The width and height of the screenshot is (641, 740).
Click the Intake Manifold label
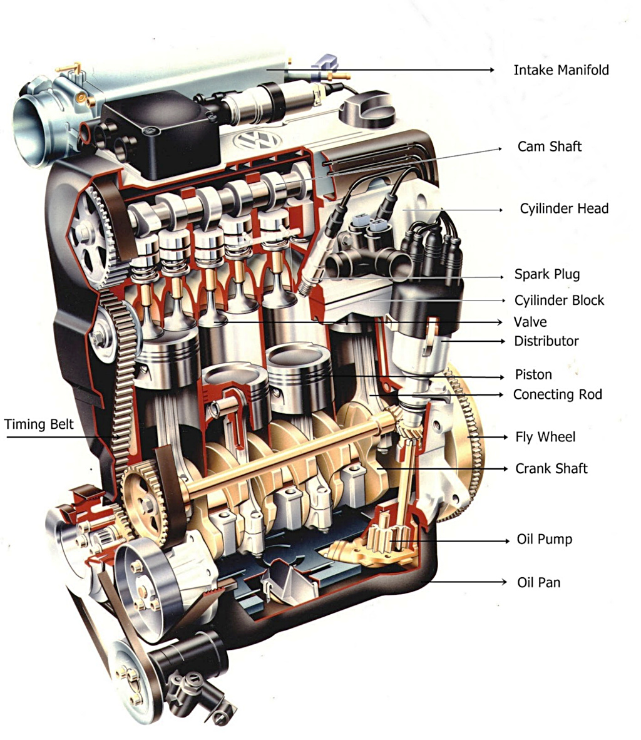pos(561,70)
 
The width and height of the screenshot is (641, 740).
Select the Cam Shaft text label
pos(549,146)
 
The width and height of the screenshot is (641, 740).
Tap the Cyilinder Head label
pos(563,208)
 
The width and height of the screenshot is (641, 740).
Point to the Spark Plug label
pos(546,274)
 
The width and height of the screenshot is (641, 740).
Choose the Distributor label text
pos(546,341)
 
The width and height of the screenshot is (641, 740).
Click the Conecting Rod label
pos(557,394)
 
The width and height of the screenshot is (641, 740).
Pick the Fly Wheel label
pos(545,437)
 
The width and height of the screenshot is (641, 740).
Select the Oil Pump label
pos(544,540)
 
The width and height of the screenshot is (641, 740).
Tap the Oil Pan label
pos(538,583)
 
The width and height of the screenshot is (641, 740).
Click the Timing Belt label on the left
pos(39,424)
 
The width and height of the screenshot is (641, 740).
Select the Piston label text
pos(533,375)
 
